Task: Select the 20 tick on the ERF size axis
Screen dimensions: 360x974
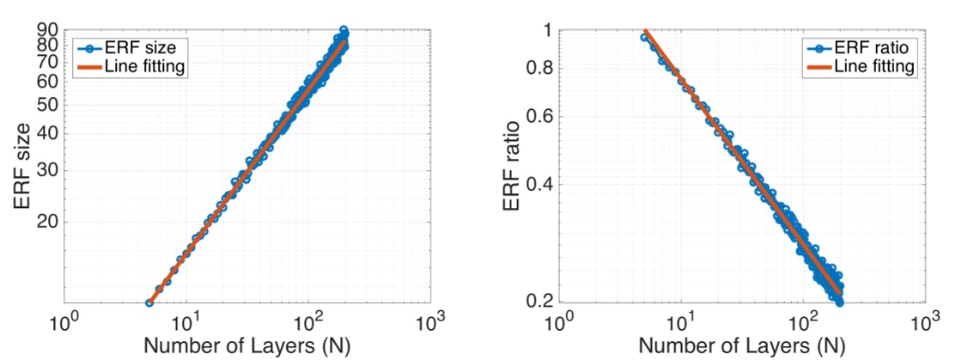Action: (47, 222)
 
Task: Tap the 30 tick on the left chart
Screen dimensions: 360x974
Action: (47, 169)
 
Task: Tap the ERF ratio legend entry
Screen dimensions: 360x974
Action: (870, 46)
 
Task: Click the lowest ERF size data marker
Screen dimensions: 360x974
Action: (149, 302)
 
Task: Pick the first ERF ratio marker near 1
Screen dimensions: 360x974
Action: (644, 37)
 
